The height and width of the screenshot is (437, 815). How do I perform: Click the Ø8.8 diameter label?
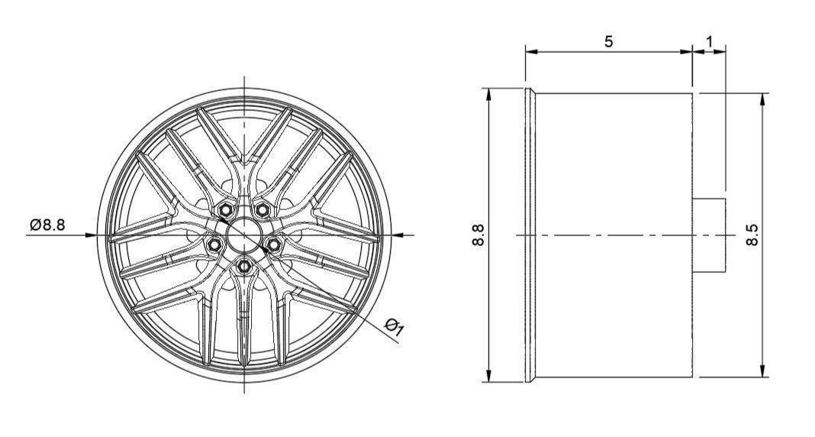[x=47, y=225]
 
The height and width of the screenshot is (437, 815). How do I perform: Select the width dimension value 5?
[x=608, y=41]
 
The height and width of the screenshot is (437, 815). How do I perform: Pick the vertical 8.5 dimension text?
[x=752, y=235]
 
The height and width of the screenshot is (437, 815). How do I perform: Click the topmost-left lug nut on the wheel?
[x=226, y=210]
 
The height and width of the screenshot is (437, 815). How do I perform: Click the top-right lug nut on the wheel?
[x=263, y=209]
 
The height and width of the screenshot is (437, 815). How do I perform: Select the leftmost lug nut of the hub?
[x=214, y=244]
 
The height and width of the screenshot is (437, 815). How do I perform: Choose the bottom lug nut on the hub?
[x=244, y=265]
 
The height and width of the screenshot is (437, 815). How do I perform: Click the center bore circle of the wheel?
[x=244, y=234]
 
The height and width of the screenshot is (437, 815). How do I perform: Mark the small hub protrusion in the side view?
[x=709, y=235]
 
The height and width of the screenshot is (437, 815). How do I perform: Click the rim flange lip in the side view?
[x=530, y=235]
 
